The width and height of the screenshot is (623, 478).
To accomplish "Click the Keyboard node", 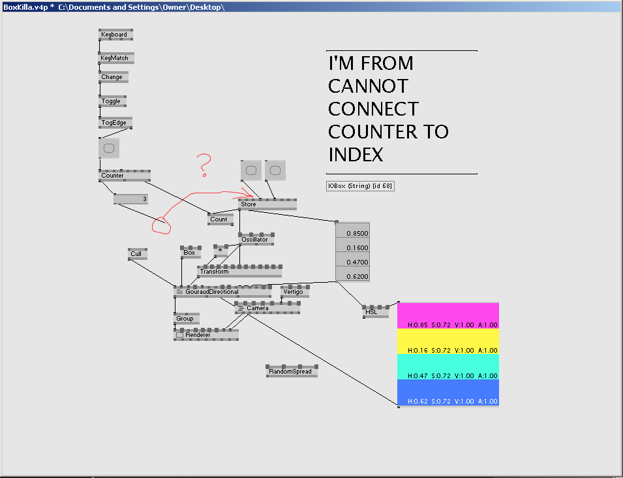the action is (115, 35).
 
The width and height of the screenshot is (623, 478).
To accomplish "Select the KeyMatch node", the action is (116, 58).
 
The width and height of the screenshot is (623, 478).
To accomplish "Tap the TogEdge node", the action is (115, 123).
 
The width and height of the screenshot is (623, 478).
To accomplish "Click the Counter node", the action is (125, 176).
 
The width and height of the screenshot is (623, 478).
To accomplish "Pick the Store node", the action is (267, 204).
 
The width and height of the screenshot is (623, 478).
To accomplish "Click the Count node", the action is (220, 219).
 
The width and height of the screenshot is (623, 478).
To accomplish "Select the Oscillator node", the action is (256, 240).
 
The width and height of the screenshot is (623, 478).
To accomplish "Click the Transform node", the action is (239, 271).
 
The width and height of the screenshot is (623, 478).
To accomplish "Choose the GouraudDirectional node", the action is (222, 291).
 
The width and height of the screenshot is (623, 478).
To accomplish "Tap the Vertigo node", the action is (295, 291).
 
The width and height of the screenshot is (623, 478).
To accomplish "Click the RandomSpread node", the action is (292, 371).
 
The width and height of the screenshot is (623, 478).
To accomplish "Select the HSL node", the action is (376, 311).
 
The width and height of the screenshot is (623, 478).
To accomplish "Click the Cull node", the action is (138, 254).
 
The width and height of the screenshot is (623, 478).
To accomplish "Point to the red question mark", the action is (204, 165).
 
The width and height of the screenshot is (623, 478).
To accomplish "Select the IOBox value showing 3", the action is (130, 199).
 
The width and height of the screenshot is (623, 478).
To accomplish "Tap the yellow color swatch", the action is (448, 342).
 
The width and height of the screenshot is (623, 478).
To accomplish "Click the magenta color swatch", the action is (448, 316).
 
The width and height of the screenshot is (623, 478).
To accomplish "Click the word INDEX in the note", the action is (356, 155).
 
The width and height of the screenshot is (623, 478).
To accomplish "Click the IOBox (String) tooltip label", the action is (360, 186).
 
